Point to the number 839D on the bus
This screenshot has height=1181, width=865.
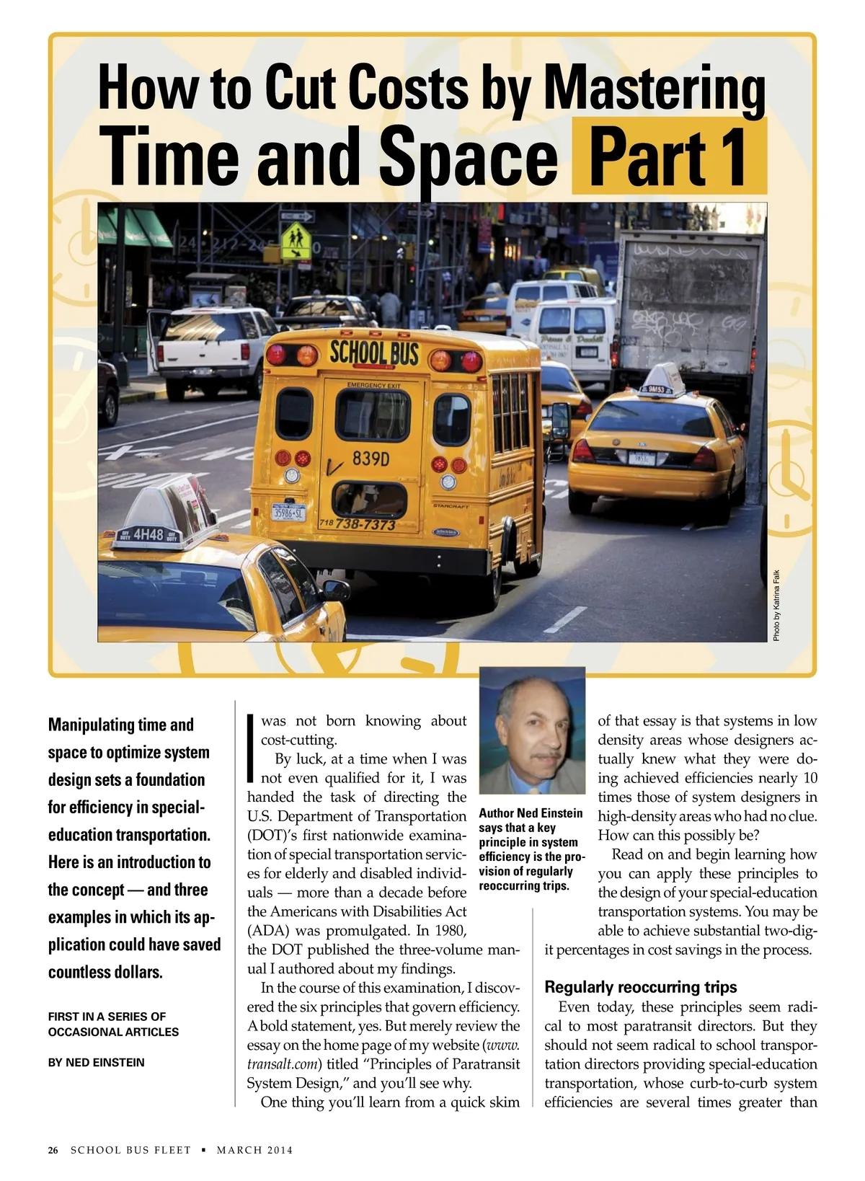(x=371, y=459)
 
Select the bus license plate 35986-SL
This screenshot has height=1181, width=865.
(x=288, y=513)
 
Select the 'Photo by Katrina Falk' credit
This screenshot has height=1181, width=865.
(x=776, y=606)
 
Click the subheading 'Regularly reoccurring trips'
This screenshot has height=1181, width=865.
(x=640, y=987)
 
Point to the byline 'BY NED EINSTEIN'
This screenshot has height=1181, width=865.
(x=97, y=1063)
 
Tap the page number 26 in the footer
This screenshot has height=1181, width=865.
(x=53, y=1150)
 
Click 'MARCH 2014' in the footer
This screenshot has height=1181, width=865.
(x=255, y=1150)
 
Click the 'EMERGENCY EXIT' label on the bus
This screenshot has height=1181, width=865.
(x=373, y=386)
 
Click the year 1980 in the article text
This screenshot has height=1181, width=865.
(x=450, y=931)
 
